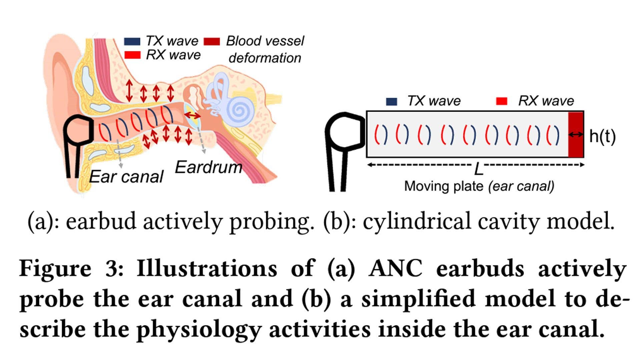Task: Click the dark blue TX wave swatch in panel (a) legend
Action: (132, 42)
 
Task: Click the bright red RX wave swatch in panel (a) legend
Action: (132, 55)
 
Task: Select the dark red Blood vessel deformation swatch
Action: (212, 42)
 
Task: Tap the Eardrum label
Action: (208, 167)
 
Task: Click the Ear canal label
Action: (126, 177)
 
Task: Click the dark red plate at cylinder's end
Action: (576, 134)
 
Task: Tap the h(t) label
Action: (602, 136)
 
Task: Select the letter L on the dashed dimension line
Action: (479, 170)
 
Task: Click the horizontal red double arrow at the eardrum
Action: (193, 115)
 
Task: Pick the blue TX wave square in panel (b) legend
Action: (392, 101)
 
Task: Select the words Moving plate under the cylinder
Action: (444, 186)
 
